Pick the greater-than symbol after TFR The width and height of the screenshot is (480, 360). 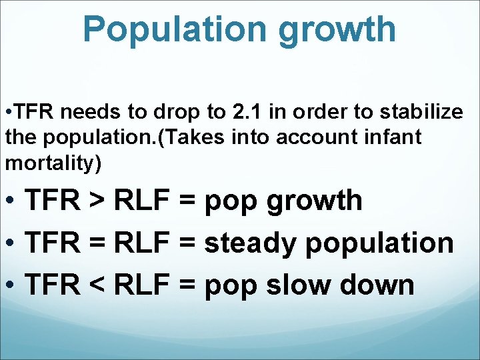coord(95,201)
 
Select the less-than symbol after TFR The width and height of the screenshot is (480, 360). coord(95,285)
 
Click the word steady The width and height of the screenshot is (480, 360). coord(249,243)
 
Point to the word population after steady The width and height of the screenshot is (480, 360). coord(379,244)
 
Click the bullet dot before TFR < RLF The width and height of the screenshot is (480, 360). coord(10,285)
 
